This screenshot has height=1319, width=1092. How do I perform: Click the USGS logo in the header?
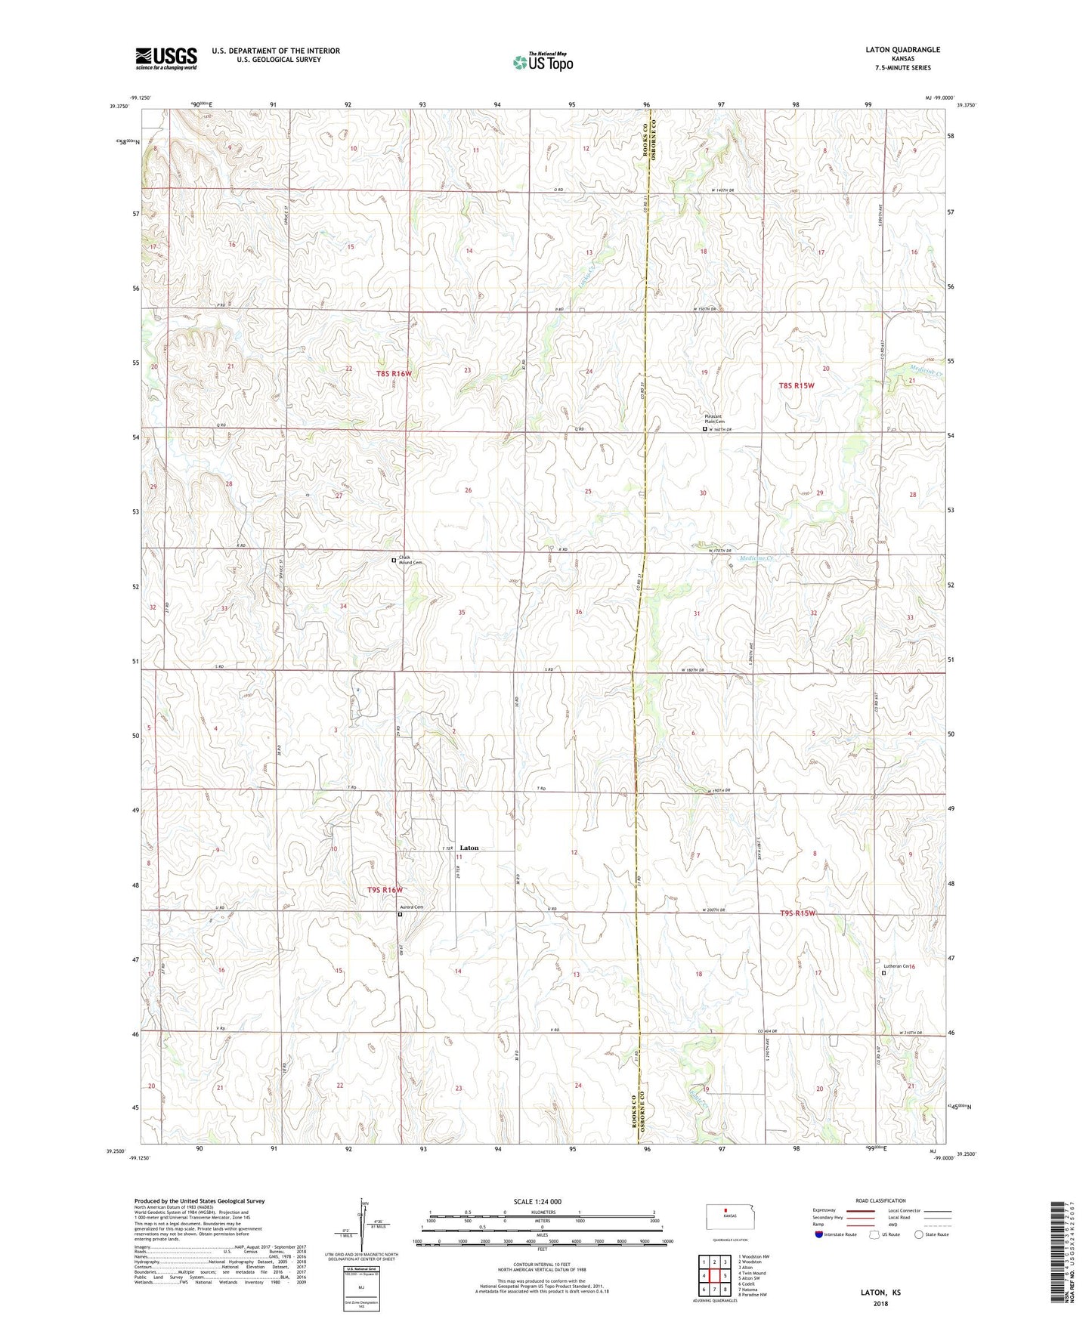pyautogui.click(x=166, y=58)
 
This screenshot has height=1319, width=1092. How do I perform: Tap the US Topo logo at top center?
pyautogui.click(x=543, y=62)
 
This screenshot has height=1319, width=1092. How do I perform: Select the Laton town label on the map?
pyautogui.click(x=469, y=848)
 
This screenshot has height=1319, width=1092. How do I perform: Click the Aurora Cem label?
pyautogui.click(x=413, y=907)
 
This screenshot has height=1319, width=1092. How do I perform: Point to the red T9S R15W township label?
pyautogui.click(x=798, y=913)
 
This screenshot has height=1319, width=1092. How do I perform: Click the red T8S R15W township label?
pyautogui.click(x=797, y=385)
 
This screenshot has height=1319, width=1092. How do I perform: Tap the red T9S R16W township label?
pyautogui.click(x=385, y=890)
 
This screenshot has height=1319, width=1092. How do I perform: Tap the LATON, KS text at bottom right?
pyautogui.click(x=880, y=1293)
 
